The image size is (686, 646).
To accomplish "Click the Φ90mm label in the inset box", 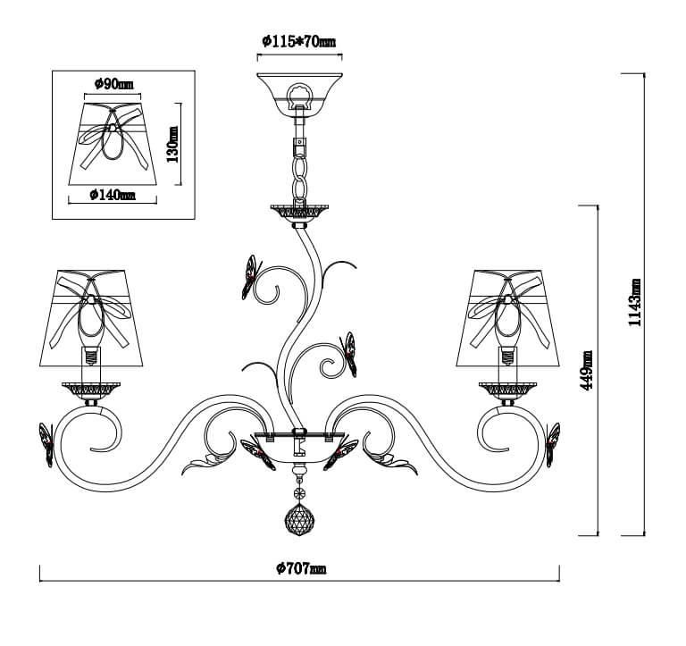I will (x=113, y=85).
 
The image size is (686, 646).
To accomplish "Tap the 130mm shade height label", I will (x=172, y=144).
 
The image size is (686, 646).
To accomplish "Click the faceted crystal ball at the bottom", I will (x=299, y=519).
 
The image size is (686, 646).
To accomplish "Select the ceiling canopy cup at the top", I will (x=299, y=92).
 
